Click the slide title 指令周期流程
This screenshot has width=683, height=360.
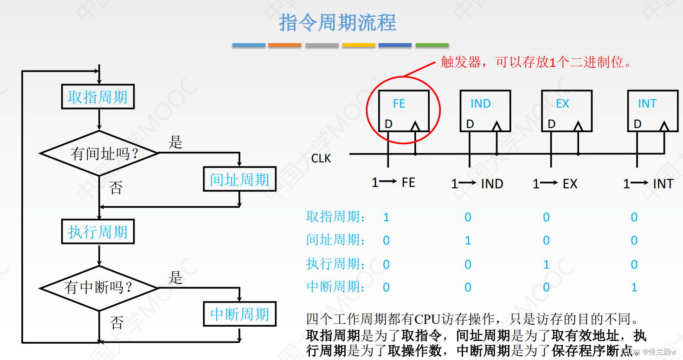pyautogui.click(x=337, y=23)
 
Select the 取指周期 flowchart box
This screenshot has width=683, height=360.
pyautogui.click(x=98, y=96)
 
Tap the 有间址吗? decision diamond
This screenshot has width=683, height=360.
pyautogui.click(x=99, y=153)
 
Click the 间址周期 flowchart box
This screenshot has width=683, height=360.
pyautogui.click(x=239, y=179)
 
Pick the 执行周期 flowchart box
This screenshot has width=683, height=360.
pyautogui.click(x=98, y=231)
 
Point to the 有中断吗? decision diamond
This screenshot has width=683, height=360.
pyautogui.click(x=99, y=288)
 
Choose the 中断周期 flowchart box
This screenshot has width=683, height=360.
pyautogui.click(x=239, y=314)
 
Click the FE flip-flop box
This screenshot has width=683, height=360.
pyautogui.click(x=404, y=111)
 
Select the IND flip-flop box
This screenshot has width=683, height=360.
pyautogui.click(x=485, y=111)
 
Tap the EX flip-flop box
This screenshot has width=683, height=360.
pyautogui.click(x=567, y=111)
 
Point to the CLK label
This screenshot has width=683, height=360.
pyautogui.click(x=321, y=159)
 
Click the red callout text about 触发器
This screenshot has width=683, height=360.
pyautogui.click(x=536, y=62)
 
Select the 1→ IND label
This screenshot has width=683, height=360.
pyautogui.click(x=477, y=184)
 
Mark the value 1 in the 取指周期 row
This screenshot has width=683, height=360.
pyautogui.click(x=386, y=217)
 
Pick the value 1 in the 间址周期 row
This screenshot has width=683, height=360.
pyautogui.click(x=468, y=240)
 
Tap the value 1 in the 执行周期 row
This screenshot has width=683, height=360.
pyautogui.click(x=546, y=264)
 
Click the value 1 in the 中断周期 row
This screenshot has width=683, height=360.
pyautogui.click(x=634, y=287)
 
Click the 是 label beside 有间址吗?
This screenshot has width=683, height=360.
pyautogui.click(x=175, y=142)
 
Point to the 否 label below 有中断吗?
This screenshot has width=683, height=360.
pyautogui.click(x=116, y=322)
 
